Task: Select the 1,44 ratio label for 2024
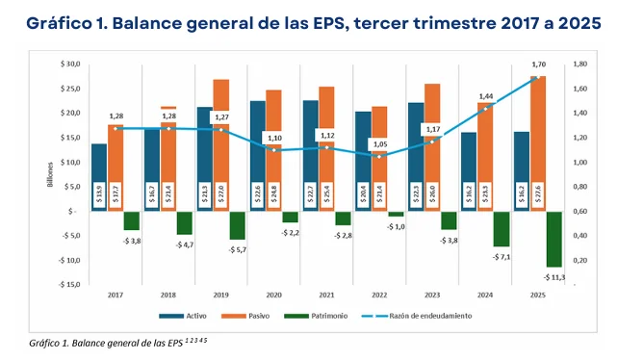[x=485, y=97]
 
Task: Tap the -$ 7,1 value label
[x=502, y=257]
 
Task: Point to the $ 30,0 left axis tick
[x=69, y=64]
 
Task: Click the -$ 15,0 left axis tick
[x=67, y=285]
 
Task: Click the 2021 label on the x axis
[x=326, y=296]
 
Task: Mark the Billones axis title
[x=50, y=175]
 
